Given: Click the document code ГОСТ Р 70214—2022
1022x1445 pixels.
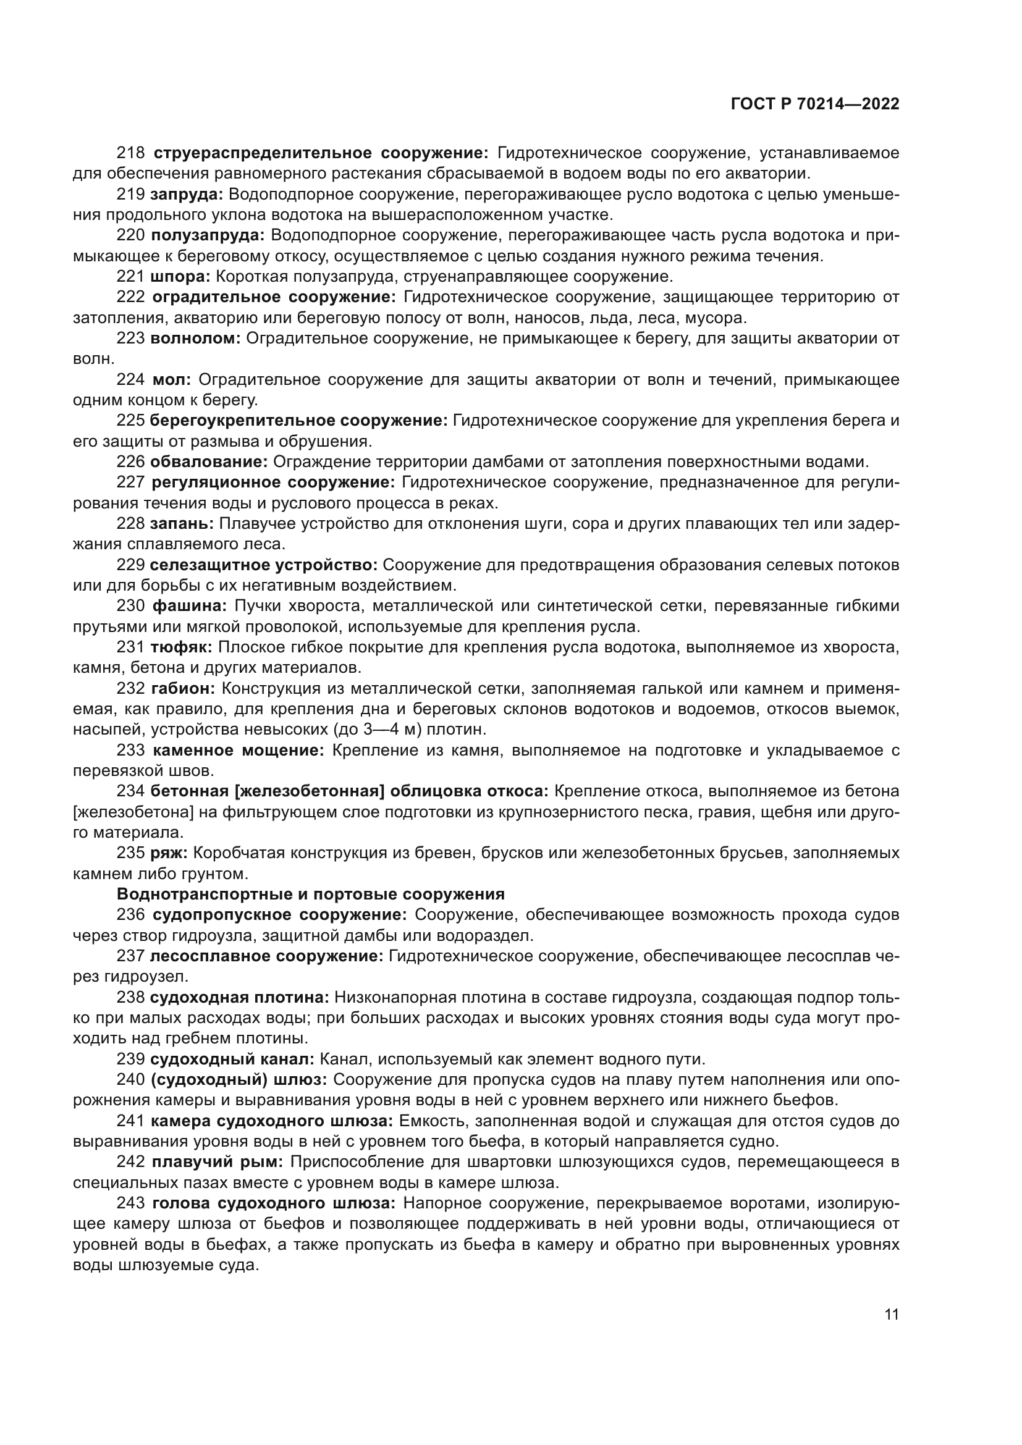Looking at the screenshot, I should point(815,104).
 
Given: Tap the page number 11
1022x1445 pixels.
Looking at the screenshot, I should point(891,1315).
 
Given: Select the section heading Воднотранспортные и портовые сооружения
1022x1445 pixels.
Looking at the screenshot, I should point(311,895).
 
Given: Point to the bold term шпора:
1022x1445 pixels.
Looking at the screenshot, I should point(181,276).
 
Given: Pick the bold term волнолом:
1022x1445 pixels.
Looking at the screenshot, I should point(196,339).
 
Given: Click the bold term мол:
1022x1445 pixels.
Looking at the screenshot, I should point(172,379).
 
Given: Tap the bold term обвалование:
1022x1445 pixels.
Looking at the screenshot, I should point(209,462).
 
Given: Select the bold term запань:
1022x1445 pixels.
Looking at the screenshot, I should point(182,524).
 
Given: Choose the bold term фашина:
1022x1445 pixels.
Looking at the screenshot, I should point(190,606).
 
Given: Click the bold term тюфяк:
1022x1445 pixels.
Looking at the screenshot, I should point(181,647).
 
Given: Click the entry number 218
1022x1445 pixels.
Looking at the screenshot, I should point(131,153).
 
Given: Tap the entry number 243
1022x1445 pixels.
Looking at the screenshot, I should point(131,1203).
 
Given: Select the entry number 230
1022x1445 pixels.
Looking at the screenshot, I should point(131,606).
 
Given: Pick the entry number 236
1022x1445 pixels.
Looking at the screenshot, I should point(131,914).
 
